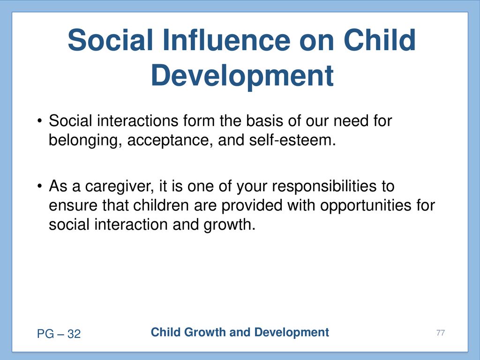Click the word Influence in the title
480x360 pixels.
point(226,40)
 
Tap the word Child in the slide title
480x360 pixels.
point(380,40)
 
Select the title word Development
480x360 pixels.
point(242,76)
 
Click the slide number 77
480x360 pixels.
point(441,333)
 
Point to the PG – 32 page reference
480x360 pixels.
point(59,334)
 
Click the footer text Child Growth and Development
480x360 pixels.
point(240,332)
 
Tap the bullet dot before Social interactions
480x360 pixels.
point(39,120)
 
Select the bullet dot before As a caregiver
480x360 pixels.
point(39,186)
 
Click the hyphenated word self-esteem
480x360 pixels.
point(292,140)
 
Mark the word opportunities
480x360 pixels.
point(366,206)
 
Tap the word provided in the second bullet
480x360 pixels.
point(252,206)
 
